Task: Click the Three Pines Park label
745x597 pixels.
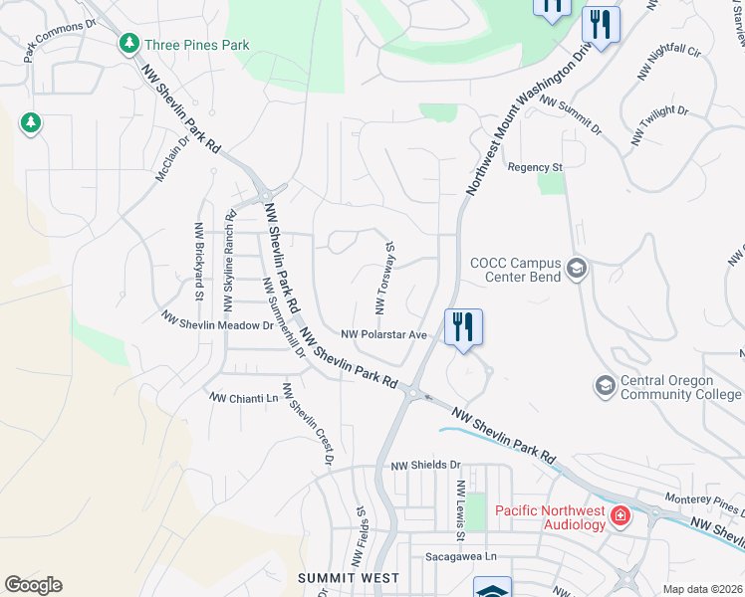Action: pyautogui.click(x=196, y=45)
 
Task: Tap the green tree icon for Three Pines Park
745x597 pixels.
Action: pyautogui.click(x=128, y=44)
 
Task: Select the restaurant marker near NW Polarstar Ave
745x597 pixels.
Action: pyautogui.click(x=463, y=327)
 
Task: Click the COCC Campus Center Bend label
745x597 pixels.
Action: pyautogui.click(x=515, y=270)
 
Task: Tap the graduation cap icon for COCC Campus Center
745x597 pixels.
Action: pyautogui.click(x=576, y=269)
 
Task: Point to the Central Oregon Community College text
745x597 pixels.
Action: pyautogui.click(x=680, y=387)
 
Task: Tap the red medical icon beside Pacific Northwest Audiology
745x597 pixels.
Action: pyautogui.click(x=621, y=515)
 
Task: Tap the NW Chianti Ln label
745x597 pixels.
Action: pyautogui.click(x=243, y=398)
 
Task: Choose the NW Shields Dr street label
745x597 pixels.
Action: pyautogui.click(x=426, y=465)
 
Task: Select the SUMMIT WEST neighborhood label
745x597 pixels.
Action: pyautogui.click(x=349, y=578)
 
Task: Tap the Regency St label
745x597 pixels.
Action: pyautogui.click(x=535, y=167)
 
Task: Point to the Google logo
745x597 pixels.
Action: pyautogui.click(x=33, y=585)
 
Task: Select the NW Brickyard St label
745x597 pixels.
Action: pyautogui.click(x=198, y=261)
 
